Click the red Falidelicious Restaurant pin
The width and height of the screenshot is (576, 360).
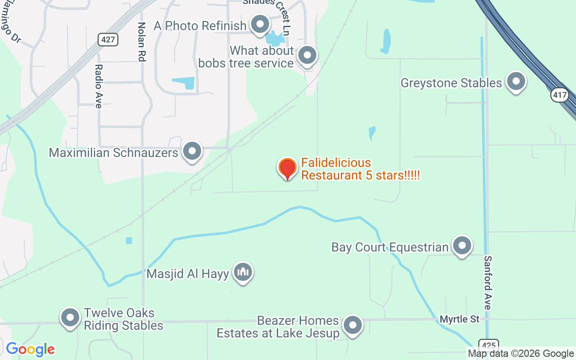tap(287, 168)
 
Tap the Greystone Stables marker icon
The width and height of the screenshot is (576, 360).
tap(516, 82)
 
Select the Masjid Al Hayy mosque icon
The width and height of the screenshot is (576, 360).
tap(243, 272)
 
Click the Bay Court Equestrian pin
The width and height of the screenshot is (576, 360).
tap(462, 246)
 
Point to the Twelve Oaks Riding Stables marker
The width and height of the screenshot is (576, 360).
tap(70, 318)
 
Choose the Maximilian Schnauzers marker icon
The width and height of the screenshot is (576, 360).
tap(193, 152)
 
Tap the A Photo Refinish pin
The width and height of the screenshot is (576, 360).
tap(260, 25)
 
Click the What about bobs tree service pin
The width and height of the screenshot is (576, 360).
tap(308, 56)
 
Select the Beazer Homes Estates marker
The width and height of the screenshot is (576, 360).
tap(352, 325)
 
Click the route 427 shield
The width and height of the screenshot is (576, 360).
tap(108, 40)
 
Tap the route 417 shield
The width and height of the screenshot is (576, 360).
tap(560, 95)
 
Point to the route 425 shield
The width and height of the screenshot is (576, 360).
tap(488, 345)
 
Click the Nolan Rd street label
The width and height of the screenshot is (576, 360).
tap(142, 42)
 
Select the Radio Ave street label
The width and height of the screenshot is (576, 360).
tap(99, 86)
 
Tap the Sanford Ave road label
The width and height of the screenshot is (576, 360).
tap(488, 283)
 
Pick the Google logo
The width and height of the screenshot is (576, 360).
tap(30, 349)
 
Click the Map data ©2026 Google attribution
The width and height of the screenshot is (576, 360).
tap(521, 354)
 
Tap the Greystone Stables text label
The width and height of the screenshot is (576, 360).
tap(451, 83)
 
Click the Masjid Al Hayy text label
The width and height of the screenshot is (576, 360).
tap(188, 274)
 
